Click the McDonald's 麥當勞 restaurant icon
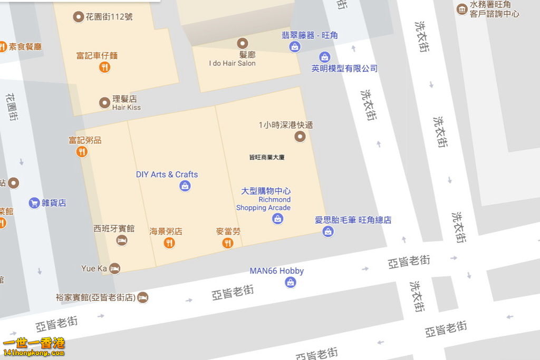(x=228, y=243)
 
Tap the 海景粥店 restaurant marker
(x=169, y=243)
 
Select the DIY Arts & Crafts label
(x=167, y=174)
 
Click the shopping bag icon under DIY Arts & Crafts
(x=185, y=186)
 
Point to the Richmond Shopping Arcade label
(x=263, y=203)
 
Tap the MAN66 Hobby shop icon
(x=291, y=283)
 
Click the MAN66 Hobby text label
(x=276, y=271)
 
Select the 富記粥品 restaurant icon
(x=82, y=152)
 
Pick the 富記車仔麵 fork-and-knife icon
(x=104, y=67)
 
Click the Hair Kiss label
(x=127, y=108)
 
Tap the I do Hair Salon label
(x=232, y=63)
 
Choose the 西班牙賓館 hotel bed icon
(x=122, y=240)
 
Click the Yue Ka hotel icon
(x=114, y=269)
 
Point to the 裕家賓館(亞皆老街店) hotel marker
(x=142, y=298)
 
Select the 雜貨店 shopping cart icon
(x=34, y=203)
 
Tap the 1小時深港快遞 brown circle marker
(x=300, y=137)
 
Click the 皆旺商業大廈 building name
(x=267, y=157)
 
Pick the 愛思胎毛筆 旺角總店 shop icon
(x=328, y=231)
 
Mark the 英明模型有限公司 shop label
(x=344, y=69)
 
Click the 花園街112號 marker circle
(x=79, y=17)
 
